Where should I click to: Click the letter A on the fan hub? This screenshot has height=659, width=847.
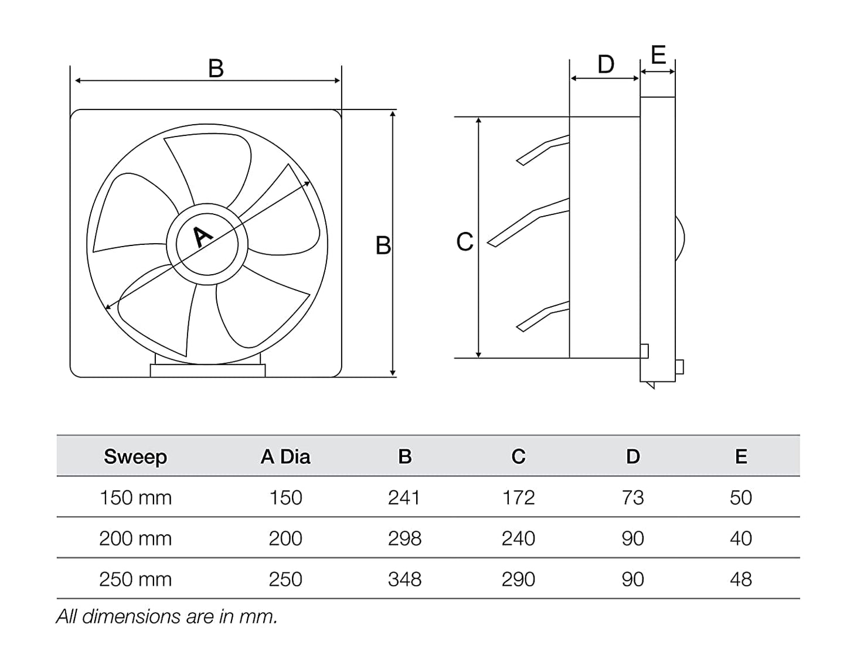click(x=203, y=237)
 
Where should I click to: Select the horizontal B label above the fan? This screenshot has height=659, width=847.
click(x=216, y=69)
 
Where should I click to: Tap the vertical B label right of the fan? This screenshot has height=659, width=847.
click(x=383, y=245)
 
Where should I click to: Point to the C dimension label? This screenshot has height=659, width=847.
click(x=464, y=241)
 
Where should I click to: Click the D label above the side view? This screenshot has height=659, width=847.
click(x=606, y=64)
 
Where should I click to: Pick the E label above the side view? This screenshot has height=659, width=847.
click(x=658, y=55)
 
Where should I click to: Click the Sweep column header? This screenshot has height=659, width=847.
click(x=135, y=456)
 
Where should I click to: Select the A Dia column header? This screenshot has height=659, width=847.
click(x=285, y=456)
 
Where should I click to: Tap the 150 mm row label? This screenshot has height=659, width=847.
click(x=135, y=497)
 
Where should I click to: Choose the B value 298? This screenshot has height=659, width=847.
click(x=404, y=538)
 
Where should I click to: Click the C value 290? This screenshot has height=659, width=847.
click(x=518, y=579)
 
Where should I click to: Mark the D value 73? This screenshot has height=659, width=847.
click(x=632, y=497)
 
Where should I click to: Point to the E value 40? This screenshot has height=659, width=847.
click(x=741, y=538)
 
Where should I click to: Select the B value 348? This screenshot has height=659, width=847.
click(x=404, y=579)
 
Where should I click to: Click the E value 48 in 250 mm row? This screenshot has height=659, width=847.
click(x=741, y=579)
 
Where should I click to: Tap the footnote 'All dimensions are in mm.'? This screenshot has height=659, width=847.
click(x=166, y=616)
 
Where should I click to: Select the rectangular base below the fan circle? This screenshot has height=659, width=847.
click(x=208, y=370)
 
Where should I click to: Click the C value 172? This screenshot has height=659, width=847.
click(x=518, y=497)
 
